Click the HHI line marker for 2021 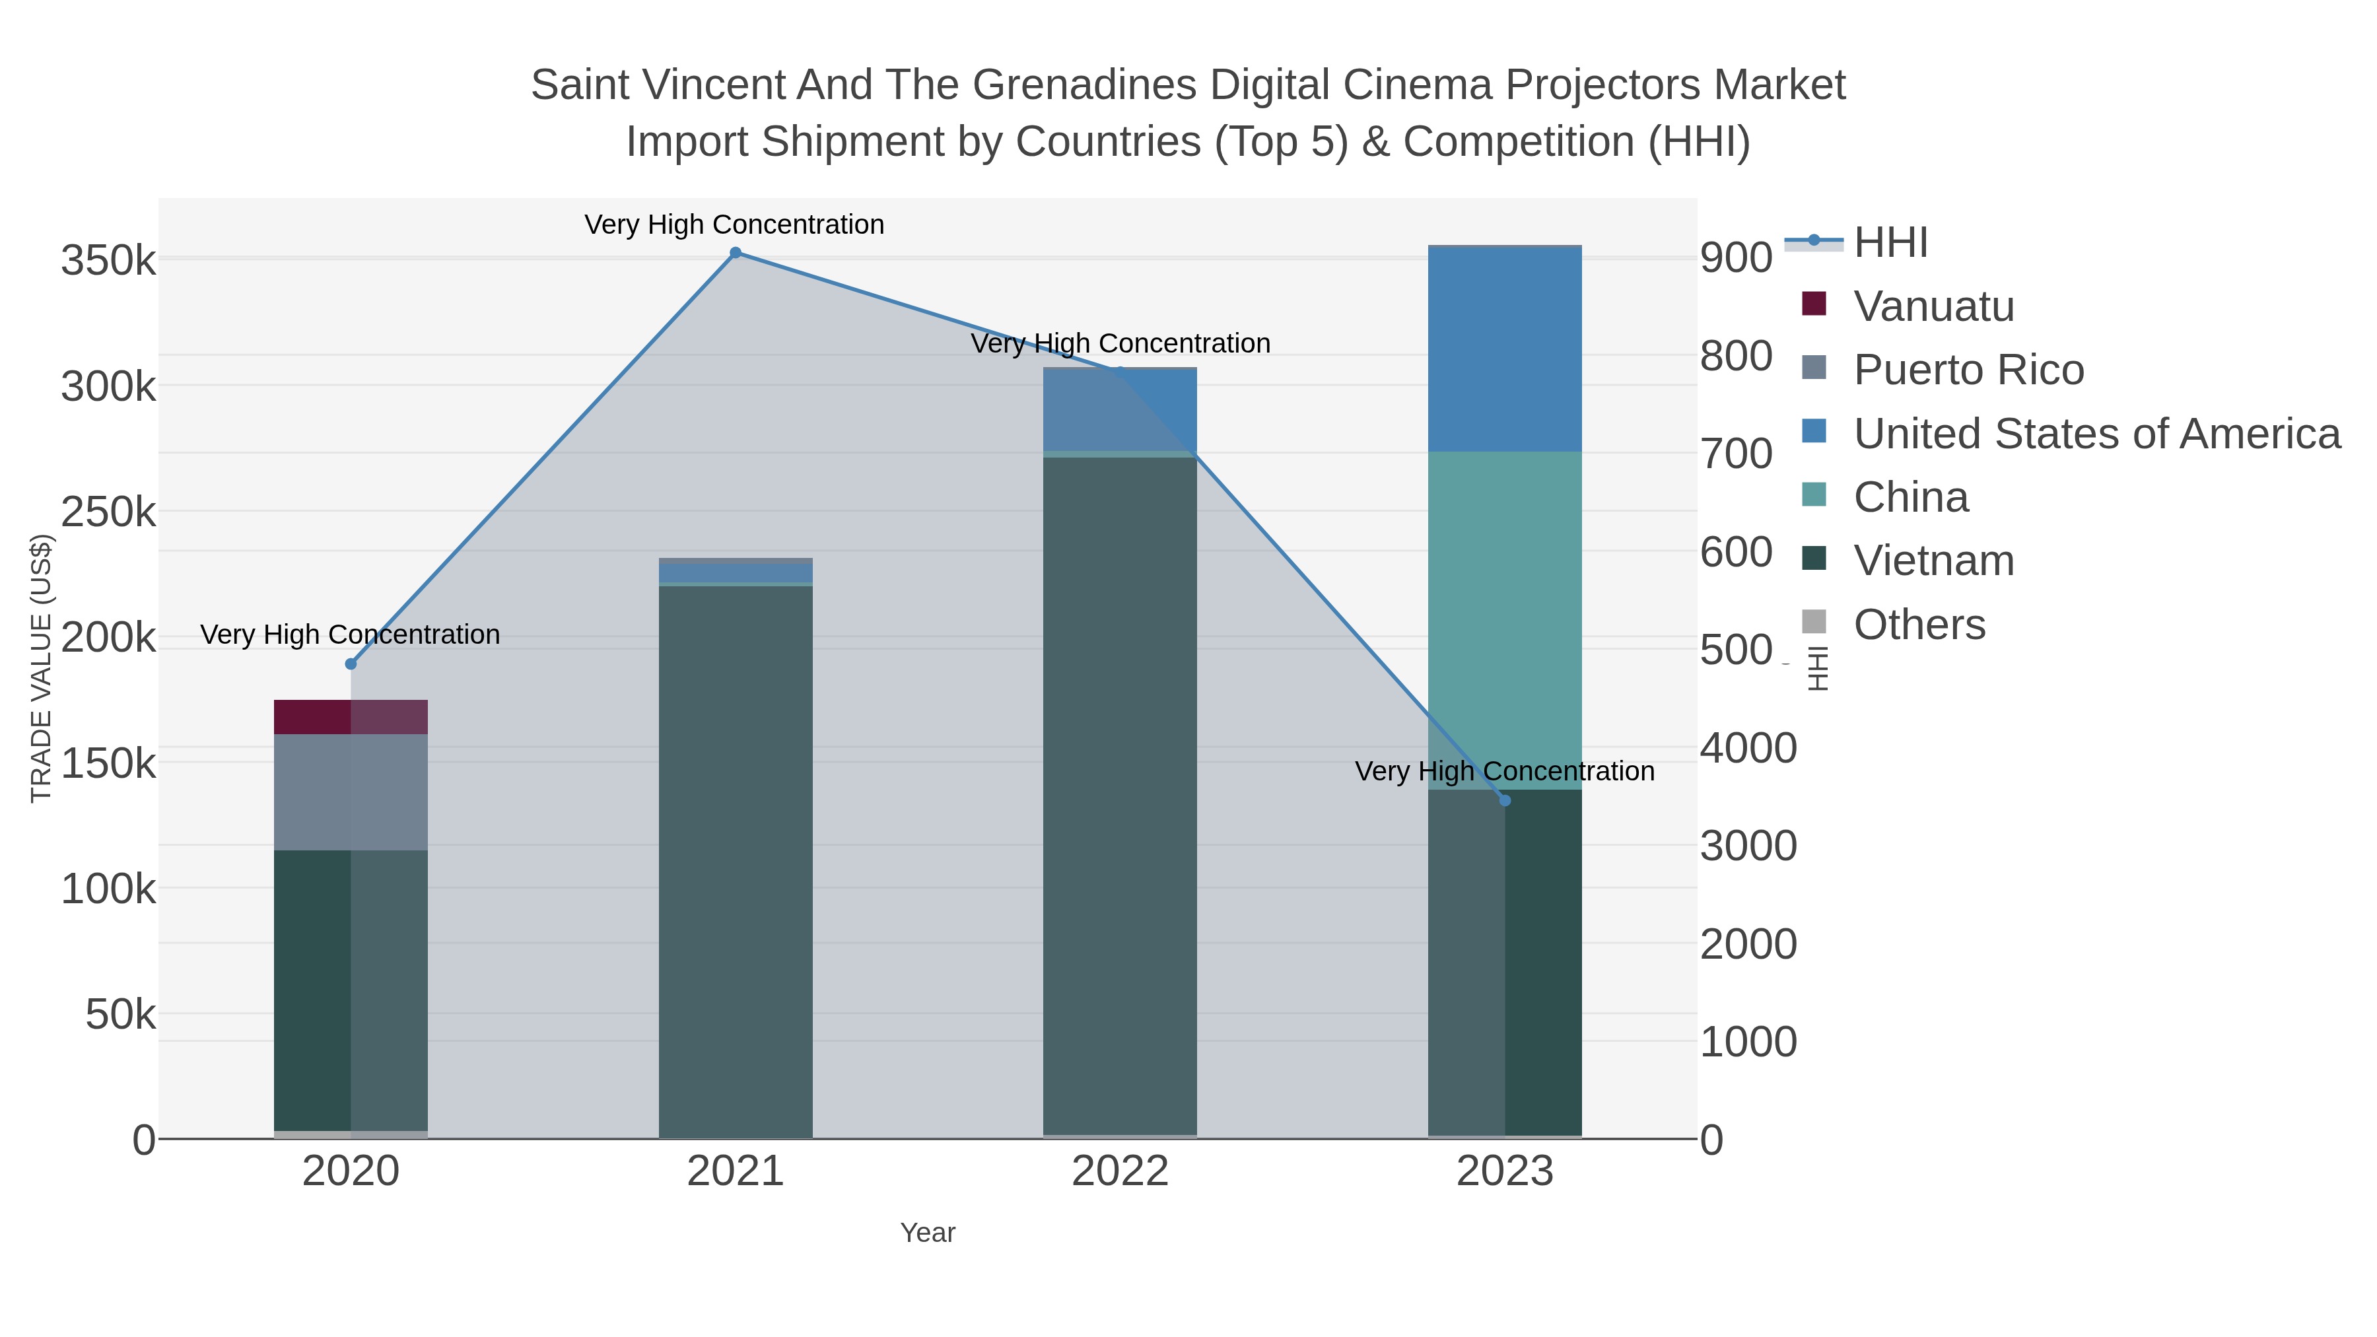click(736, 253)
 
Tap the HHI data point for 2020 click(351, 664)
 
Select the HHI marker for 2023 click(1505, 800)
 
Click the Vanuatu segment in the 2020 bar click(351, 717)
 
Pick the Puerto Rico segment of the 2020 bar click(351, 792)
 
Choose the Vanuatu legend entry click(1933, 306)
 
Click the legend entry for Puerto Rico click(1968, 370)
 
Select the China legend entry click(1910, 497)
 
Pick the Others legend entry click(1918, 625)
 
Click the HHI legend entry click(1890, 243)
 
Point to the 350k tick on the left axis click(108, 261)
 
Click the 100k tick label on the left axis click(108, 891)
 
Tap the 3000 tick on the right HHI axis click(1748, 846)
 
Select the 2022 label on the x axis click(1120, 1172)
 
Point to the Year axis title click(928, 1233)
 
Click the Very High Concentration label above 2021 click(734, 225)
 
